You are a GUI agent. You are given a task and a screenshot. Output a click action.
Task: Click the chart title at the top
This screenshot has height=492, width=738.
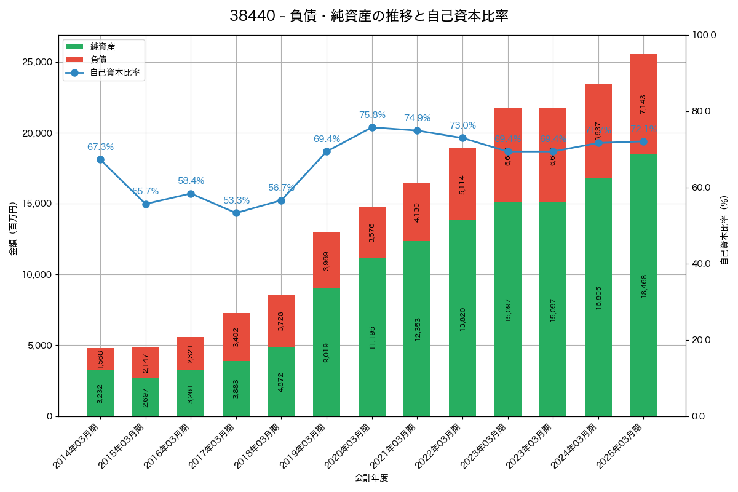tap(369, 16)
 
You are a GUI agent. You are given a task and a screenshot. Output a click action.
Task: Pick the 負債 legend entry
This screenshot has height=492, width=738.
tap(98, 60)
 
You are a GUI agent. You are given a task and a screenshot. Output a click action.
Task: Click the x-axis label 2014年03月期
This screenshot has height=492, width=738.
tap(76, 446)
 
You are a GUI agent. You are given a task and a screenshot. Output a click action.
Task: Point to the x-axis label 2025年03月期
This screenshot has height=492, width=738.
tap(619, 446)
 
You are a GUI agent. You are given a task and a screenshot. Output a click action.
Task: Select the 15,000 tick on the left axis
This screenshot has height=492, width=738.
tap(36, 204)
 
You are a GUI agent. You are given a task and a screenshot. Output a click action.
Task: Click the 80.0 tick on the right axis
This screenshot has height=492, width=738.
tap(700, 111)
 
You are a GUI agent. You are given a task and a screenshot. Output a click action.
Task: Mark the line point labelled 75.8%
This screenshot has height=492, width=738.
tap(372, 127)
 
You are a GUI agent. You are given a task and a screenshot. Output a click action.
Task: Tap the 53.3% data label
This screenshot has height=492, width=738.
tap(236, 200)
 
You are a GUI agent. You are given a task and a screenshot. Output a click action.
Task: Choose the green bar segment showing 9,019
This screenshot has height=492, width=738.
tap(327, 352)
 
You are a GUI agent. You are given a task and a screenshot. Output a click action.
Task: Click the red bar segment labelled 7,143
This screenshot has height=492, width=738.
tap(643, 104)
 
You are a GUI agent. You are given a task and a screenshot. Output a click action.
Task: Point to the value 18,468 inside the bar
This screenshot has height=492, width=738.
tap(644, 286)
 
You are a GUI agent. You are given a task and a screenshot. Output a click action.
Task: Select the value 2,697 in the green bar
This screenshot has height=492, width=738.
tap(146, 398)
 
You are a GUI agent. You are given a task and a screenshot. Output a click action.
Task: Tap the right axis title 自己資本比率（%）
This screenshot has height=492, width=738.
tap(724, 230)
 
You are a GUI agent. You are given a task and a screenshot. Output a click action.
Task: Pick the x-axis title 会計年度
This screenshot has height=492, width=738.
tap(371, 478)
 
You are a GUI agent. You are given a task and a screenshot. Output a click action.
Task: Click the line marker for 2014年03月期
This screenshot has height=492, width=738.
tap(100, 160)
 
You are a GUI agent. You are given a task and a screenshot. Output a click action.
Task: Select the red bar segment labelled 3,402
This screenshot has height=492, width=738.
tap(236, 337)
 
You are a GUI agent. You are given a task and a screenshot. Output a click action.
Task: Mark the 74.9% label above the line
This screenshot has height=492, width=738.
tap(417, 118)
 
